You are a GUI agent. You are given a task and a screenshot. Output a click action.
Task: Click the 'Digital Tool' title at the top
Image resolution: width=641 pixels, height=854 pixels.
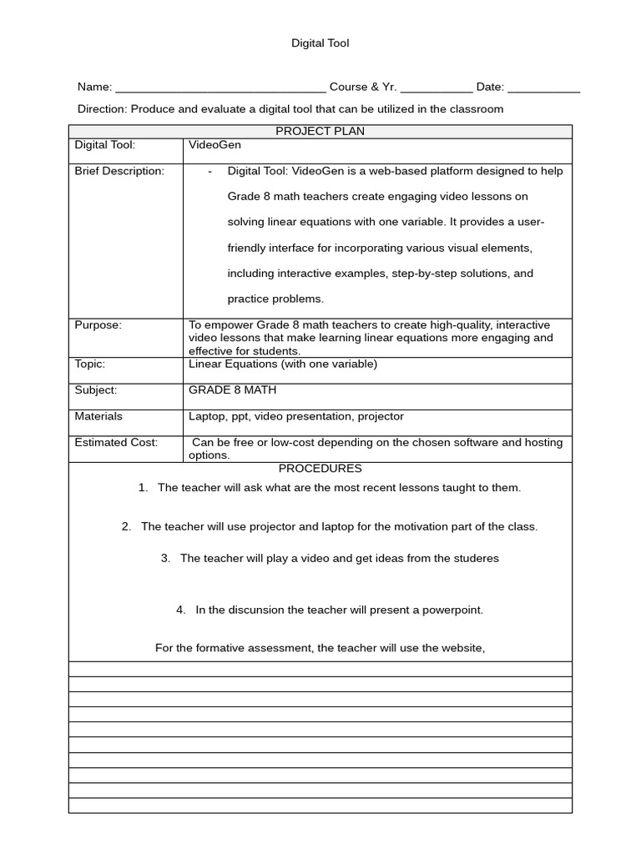click(x=320, y=43)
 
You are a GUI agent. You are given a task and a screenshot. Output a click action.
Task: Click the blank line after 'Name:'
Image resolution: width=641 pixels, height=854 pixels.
click(x=220, y=88)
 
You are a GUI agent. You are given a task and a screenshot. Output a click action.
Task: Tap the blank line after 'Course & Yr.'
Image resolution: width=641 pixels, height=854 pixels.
click(x=437, y=88)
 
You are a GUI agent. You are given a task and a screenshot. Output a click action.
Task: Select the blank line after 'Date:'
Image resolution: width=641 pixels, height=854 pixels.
click(x=543, y=88)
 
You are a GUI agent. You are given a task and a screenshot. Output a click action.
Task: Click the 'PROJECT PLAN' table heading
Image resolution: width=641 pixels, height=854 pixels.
click(x=320, y=131)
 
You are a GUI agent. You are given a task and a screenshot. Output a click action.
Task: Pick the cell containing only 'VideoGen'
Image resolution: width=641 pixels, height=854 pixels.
click(x=215, y=145)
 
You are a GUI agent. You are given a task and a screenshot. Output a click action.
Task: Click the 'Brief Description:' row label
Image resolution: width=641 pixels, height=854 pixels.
click(x=119, y=171)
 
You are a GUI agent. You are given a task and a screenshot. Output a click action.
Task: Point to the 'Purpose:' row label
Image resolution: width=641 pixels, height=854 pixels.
click(x=98, y=325)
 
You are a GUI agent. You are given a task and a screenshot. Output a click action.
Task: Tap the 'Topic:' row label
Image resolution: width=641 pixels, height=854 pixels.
click(x=89, y=364)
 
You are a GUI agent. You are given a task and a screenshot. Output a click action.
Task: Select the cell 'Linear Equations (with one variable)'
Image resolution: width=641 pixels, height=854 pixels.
click(x=283, y=364)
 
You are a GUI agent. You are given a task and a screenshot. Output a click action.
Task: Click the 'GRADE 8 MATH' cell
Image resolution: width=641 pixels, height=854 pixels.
click(x=233, y=389)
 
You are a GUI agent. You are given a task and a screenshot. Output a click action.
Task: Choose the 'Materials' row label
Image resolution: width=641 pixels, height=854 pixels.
click(x=98, y=416)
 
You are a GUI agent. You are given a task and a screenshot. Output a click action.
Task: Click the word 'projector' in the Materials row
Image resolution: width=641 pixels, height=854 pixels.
click(x=381, y=416)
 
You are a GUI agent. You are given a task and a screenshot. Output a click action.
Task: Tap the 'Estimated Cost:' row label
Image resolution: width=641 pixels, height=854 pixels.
click(x=116, y=442)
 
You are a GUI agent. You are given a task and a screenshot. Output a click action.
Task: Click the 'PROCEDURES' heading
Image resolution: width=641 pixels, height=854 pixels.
click(x=320, y=469)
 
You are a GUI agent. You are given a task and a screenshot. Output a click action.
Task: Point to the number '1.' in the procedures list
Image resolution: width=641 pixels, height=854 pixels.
click(x=143, y=488)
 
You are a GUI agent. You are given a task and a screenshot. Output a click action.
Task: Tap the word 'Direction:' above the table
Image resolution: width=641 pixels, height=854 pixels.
click(x=103, y=109)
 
